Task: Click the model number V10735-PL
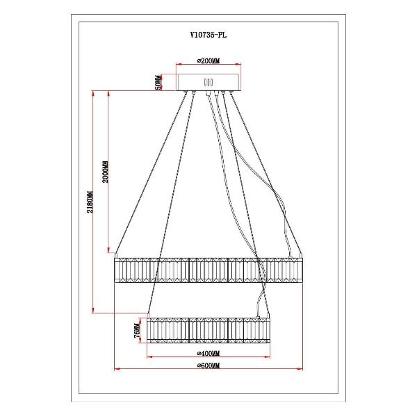(x=208, y=35)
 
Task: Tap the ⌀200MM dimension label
(x=208, y=61)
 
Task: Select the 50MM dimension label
(x=158, y=82)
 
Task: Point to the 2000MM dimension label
(x=106, y=172)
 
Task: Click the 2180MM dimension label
(x=90, y=202)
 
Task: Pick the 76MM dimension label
(x=137, y=330)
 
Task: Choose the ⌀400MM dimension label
(x=208, y=354)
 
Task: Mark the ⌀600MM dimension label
(x=208, y=366)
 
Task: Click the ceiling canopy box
(x=208, y=82)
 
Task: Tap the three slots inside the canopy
(x=208, y=82)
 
